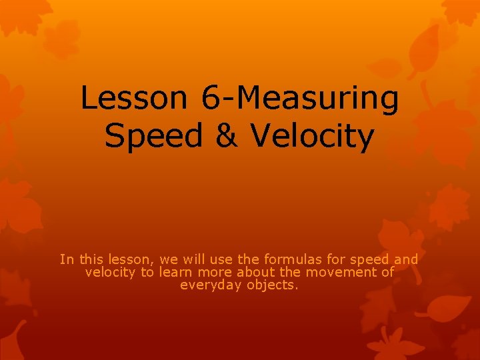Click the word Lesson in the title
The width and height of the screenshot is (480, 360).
coord(134,98)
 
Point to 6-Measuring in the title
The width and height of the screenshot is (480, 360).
coord(299,99)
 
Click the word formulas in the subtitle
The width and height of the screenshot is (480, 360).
coord(291,259)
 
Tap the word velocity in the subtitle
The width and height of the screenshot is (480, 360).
coord(110,272)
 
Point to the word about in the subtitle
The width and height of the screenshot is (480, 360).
coord(253,272)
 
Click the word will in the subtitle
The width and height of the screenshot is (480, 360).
coord(190,259)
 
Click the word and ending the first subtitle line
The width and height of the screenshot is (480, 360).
coord(406,259)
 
